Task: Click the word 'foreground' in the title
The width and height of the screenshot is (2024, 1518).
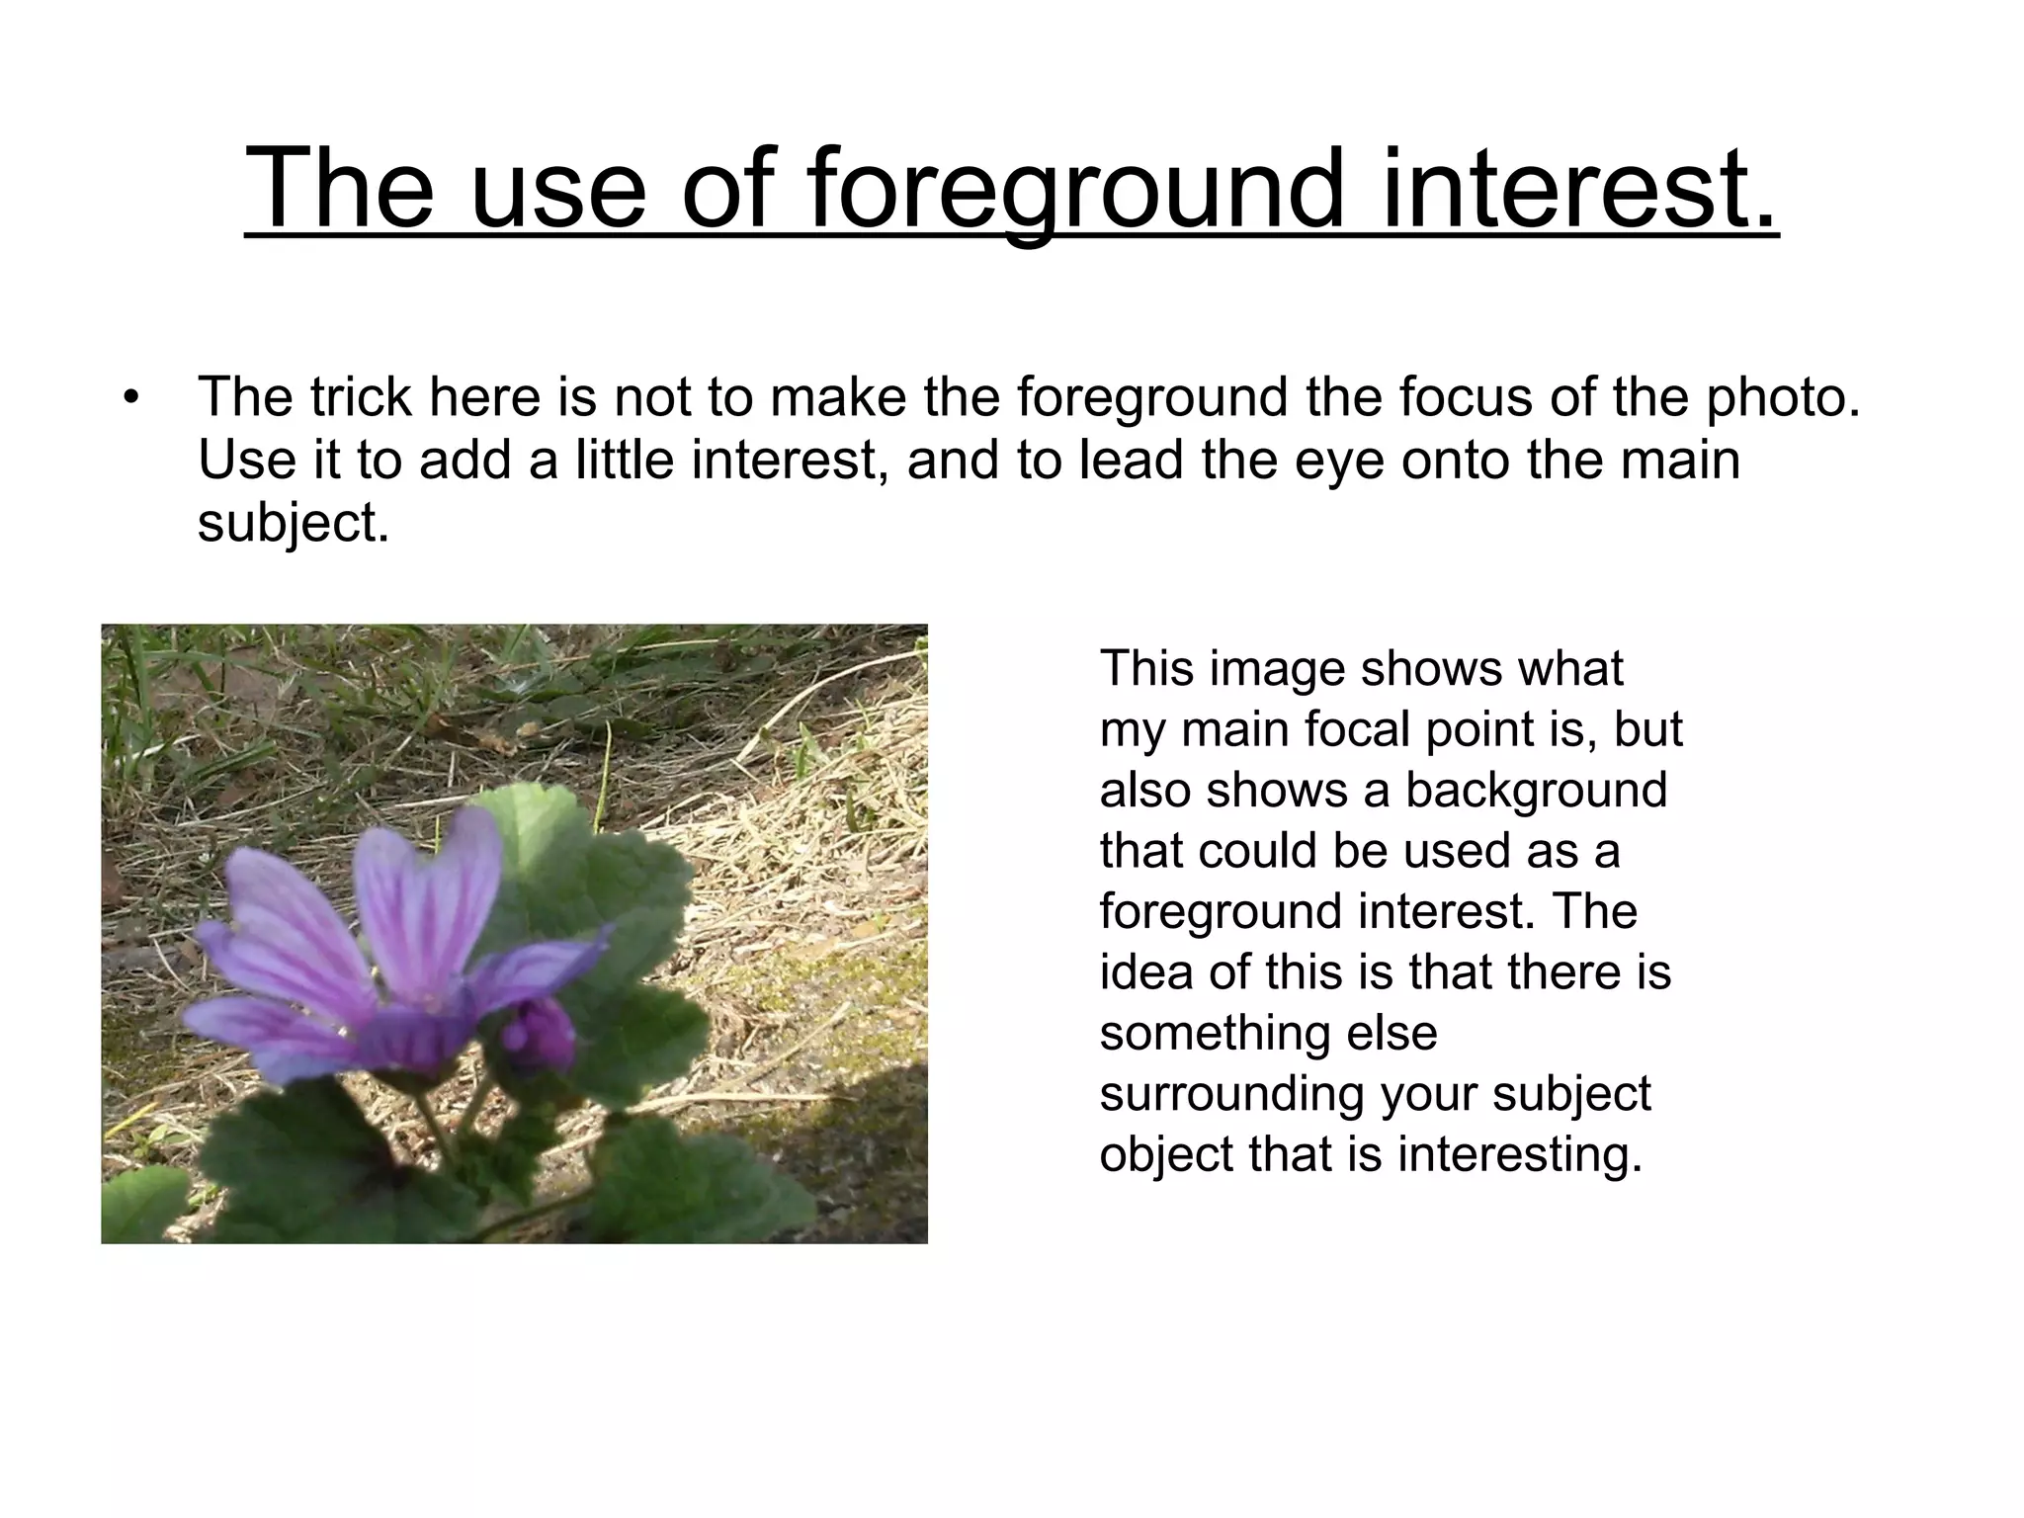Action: pyautogui.click(x=1076, y=188)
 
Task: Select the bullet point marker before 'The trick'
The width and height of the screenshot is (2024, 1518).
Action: pyautogui.click(x=130, y=399)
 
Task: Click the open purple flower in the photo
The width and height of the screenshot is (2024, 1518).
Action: pyautogui.click(x=385, y=949)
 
